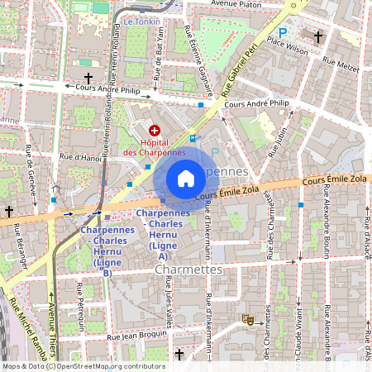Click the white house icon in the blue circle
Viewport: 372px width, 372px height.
[186, 179]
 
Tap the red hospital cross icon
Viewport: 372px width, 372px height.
[154, 131]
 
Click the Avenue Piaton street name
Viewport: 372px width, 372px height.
[241, 4]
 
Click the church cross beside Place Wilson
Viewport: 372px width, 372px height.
[318, 36]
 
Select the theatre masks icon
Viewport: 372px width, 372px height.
[246, 317]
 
